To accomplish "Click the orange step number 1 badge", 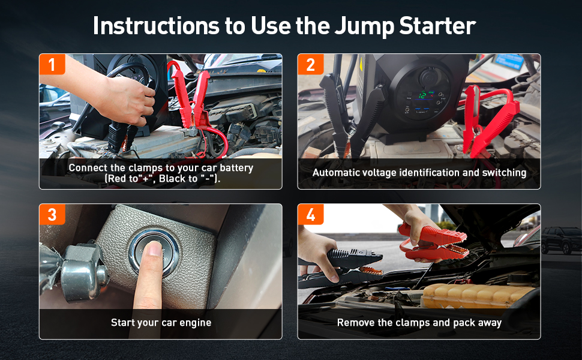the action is pyautogui.click(x=52, y=64).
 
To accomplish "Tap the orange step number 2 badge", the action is pyautogui.click(x=311, y=64).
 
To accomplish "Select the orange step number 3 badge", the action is pyautogui.click(x=52, y=214).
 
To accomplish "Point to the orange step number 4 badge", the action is pyautogui.click(x=311, y=214).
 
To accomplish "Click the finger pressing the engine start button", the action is pyautogui.click(x=150, y=275).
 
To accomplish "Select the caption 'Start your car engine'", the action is pyautogui.click(x=161, y=323).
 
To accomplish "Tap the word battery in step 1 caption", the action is pyautogui.click(x=236, y=168).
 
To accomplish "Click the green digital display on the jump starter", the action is pyautogui.click(x=422, y=94).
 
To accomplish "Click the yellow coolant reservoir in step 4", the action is pyautogui.click(x=479, y=296).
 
